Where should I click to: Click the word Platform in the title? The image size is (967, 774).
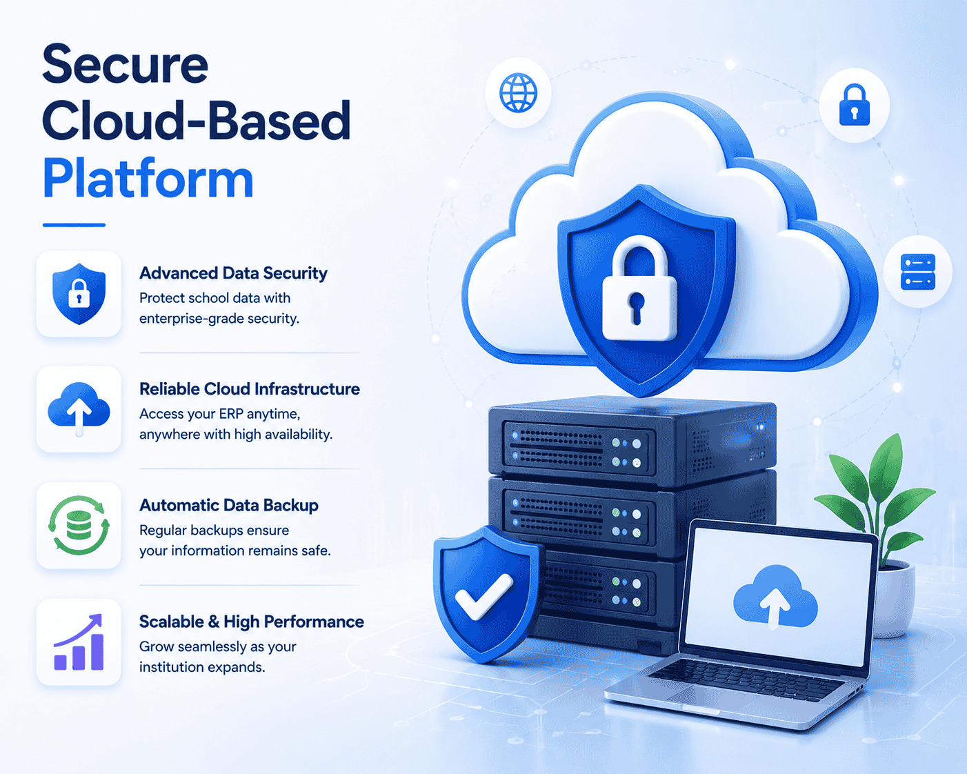(x=148, y=179)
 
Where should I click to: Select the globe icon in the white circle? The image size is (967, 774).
(x=518, y=92)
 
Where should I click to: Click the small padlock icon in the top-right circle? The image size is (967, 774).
(x=854, y=105)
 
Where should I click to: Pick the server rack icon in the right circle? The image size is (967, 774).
(x=917, y=272)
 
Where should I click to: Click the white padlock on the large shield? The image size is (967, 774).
(x=639, y=288)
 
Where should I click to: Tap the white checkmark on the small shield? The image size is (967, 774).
(x=483, y=595)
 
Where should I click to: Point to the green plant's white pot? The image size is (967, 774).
(x=893, y=600)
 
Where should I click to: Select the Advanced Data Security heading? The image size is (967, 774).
(x=233, y=273)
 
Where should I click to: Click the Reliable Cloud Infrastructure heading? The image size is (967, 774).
(x=250, y=389)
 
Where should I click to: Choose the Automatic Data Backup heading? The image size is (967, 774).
(x=229, y=505)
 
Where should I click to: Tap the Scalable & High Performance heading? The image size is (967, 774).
(x=252, y=622)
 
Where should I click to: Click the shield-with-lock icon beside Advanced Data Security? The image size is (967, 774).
(x=79, y=293)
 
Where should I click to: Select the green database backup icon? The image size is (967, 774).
(x=79, y=526)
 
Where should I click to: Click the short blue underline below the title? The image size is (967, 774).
(x=74, y=225)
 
